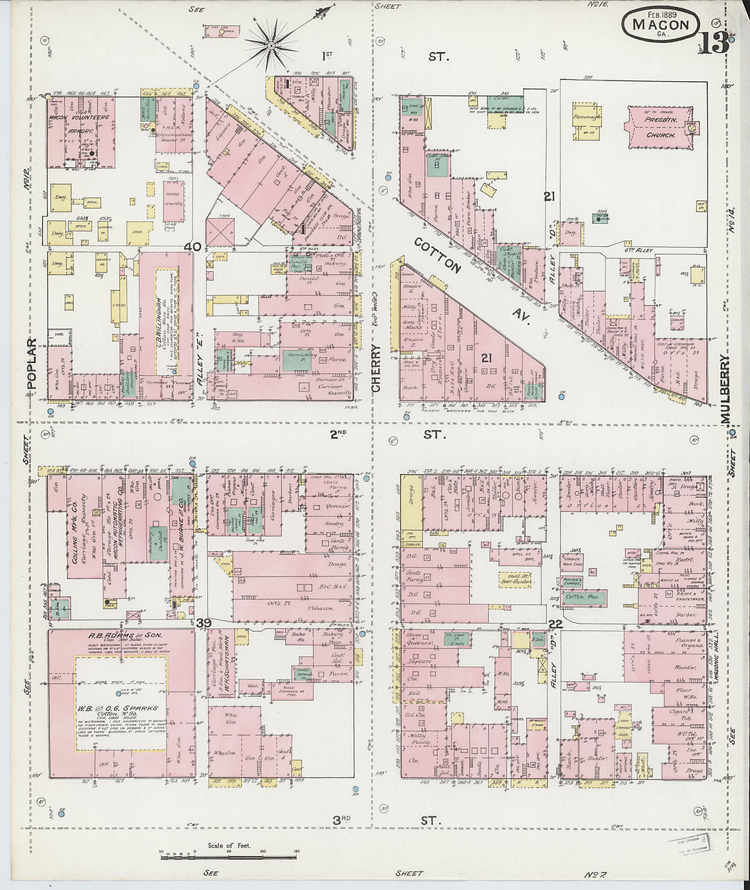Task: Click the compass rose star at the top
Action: [x=271, y=46]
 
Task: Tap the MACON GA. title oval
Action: [x=660, y=25]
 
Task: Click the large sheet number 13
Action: [x=713, y=44]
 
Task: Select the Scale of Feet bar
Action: [x=229, y=854]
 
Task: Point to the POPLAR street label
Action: [x=31, y=364]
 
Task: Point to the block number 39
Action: [x=202, y=623]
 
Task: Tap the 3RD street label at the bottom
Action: [x=341, y=819]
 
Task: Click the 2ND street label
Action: [x=339, y=433]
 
